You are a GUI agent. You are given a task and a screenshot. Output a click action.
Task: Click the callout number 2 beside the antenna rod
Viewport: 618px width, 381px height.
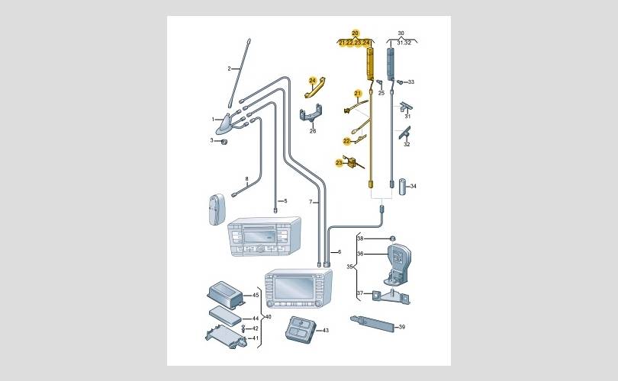pyautogui.click(x=228, y=69)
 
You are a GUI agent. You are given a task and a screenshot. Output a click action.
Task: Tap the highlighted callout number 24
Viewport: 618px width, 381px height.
pyautogui.click(x=312, y=80)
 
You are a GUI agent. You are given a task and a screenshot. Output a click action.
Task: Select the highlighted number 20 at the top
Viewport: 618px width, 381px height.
pyautogui.click(x=354, y=33)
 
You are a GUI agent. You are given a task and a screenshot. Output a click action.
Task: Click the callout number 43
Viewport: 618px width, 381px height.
pyautogui.click(x=325, y=330)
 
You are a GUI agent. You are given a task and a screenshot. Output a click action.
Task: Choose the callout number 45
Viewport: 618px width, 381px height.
pyautogui.click(x=256, y=295)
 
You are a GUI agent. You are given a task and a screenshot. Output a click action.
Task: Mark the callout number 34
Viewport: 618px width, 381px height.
pyautogui.click(x=413, y=186)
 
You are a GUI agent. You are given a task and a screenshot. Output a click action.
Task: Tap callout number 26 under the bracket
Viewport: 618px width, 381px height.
pyautogui.click(x=312, y=131)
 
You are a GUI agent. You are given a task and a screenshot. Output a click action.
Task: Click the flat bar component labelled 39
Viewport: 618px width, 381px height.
pyautogui.click(x=374, y=323)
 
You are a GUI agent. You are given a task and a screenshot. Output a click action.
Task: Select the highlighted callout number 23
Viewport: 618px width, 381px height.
pyautogui.click(x=340, y=162)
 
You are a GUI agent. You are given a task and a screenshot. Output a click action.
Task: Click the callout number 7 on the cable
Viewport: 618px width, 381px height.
pyautogui.click(x=311, y=203)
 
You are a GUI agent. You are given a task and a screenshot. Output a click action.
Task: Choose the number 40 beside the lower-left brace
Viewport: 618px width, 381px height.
pyautogui.click(x=266, y=317)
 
